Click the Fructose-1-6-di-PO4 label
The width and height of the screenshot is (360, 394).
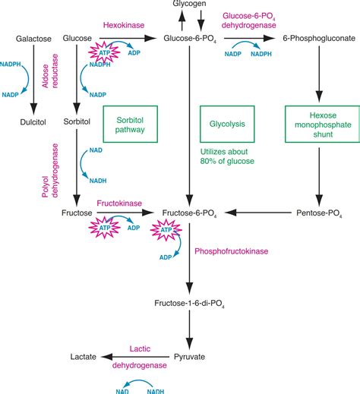[x=186, y=304]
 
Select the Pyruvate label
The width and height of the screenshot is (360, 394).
[x=187, y=355]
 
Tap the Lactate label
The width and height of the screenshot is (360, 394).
[x=83, y=355]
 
